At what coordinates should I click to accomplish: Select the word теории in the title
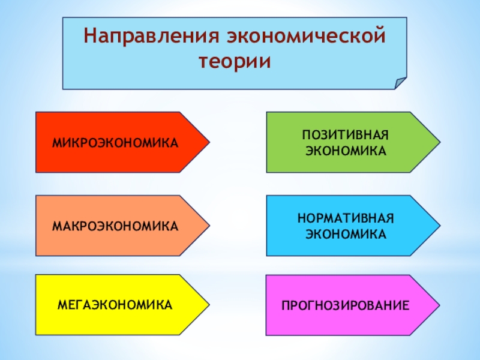click(235, 62)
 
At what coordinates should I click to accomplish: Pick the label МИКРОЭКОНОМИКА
click(116, 143)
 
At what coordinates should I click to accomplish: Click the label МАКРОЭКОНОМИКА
click(115, 226)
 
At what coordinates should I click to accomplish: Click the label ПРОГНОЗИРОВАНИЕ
click(346, 306)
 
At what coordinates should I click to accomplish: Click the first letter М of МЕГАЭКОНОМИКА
click(62, 305)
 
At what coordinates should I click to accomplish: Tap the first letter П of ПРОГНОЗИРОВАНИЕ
click(285, 306)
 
